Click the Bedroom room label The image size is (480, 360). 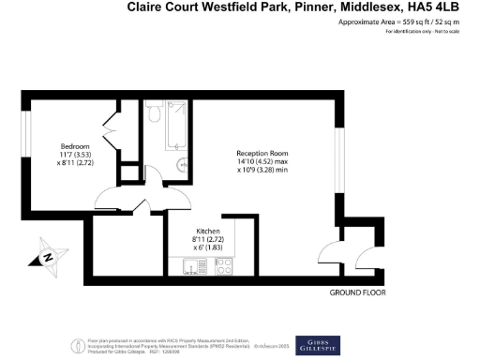tap(75, 147)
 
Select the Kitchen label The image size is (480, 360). tap(208, 231)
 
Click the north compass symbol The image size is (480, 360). tap(48, 255)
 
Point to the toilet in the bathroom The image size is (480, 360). tap(155, 115)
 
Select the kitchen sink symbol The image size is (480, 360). tap(194, 269)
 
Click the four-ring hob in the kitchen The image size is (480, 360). tap(225, 269)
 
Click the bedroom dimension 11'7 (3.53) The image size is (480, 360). tap(75, 156)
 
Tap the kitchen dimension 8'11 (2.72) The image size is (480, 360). tap(208, 239)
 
